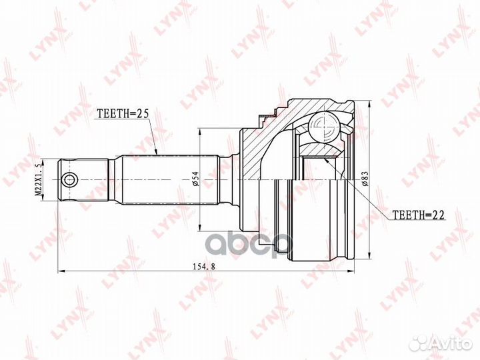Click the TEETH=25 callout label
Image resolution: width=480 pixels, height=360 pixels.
coord(123,113)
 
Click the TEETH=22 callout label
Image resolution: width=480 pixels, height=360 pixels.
coord(418,215)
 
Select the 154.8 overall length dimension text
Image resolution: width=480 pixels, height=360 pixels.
coord(204,266)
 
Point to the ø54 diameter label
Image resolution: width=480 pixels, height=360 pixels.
coord(196,179)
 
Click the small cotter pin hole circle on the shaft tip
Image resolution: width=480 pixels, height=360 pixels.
coord(69,179)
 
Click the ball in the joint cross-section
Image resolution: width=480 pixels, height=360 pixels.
coord(324,127)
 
